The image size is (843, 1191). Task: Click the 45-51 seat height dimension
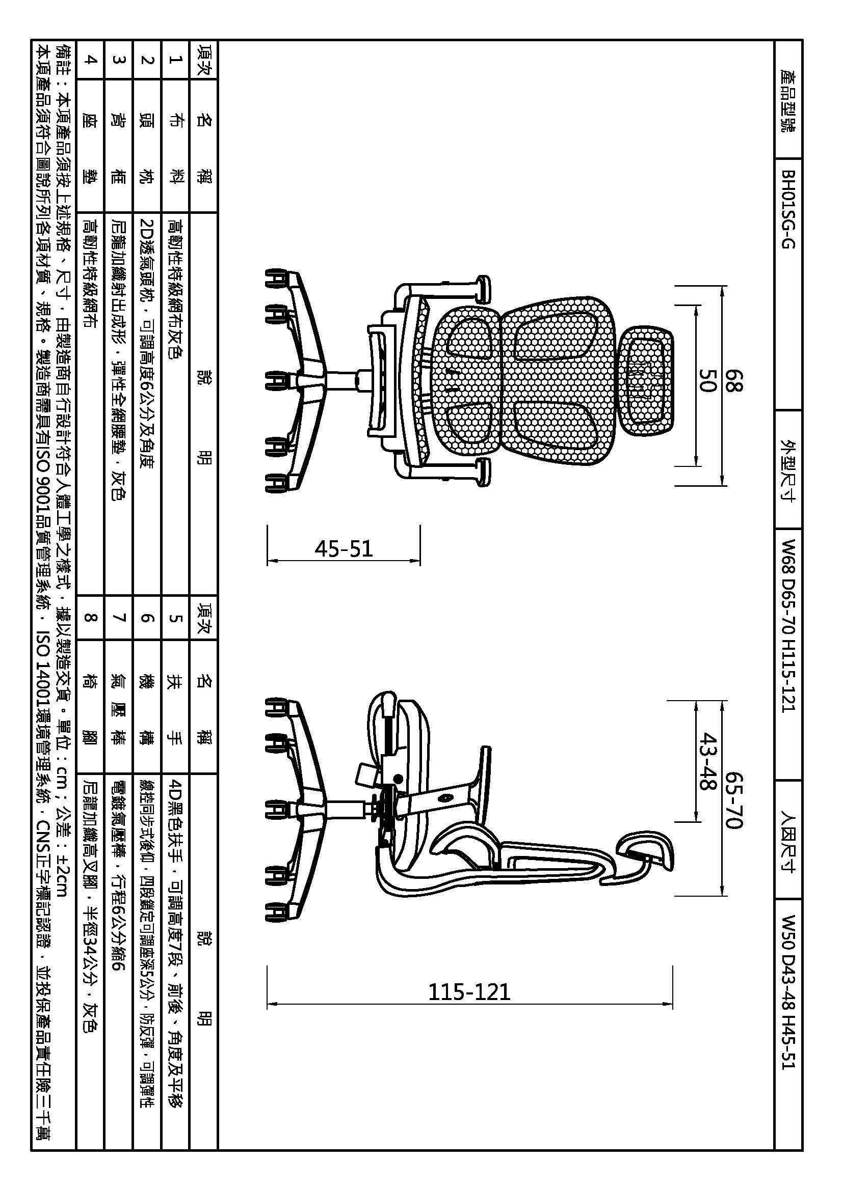(344, 549)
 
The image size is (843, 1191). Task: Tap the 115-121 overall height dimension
(469, 992)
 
